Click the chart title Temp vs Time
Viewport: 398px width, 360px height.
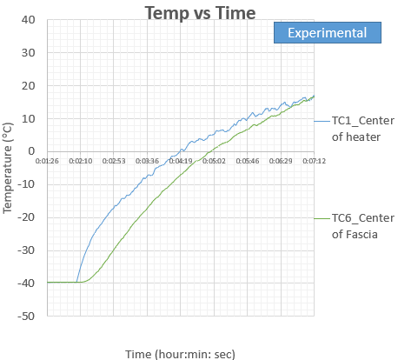200,13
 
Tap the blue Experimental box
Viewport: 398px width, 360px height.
328,32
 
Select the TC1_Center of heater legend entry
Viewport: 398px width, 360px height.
355,129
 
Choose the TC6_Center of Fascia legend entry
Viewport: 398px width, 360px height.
355,226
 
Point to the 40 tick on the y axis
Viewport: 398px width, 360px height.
28,20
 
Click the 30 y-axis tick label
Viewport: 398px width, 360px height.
28,53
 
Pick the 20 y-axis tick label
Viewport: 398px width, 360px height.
28,86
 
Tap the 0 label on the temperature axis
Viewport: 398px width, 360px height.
31,151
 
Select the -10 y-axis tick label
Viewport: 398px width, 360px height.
26,184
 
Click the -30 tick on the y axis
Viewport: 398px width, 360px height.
26,250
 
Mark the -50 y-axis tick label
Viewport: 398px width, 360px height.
26,316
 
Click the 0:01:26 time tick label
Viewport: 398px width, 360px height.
47,161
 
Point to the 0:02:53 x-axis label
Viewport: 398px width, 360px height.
114,161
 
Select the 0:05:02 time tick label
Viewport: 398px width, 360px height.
214,161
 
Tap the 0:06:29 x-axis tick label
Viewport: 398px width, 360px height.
281,161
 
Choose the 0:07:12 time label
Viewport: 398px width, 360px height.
315,161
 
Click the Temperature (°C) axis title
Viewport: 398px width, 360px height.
8,168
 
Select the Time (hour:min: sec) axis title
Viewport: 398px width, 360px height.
180,354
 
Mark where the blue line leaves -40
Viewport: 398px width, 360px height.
76,282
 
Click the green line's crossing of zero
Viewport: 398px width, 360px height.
210,151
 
